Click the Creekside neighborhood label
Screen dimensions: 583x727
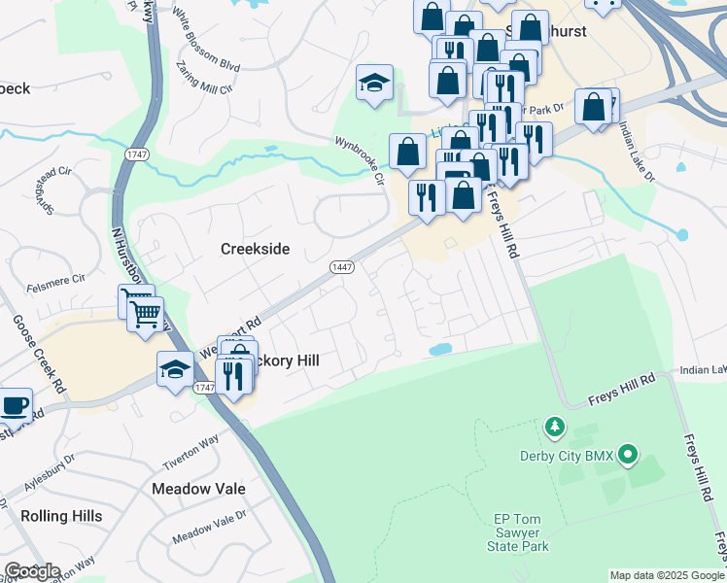point(255,249)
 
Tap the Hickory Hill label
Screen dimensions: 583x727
point(287,360)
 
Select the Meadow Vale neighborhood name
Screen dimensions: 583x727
point(198,488)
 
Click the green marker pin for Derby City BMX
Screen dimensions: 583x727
point(628,453)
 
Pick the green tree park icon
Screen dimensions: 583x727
point(555,426)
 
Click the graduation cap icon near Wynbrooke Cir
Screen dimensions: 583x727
point(373,84)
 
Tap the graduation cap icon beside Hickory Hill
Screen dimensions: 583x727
point(175,368)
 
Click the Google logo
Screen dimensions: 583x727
point(32,571)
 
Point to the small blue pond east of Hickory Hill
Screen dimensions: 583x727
point(439,349)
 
